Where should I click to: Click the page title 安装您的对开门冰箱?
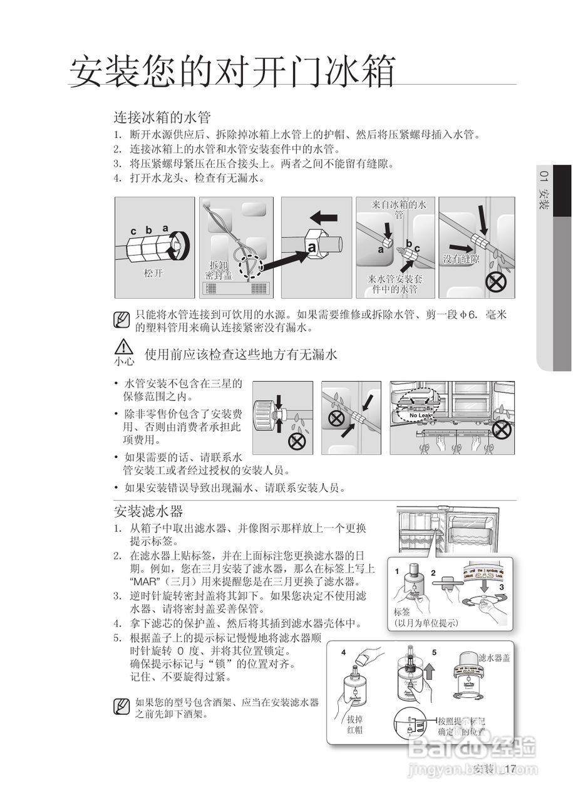tap(232, 71)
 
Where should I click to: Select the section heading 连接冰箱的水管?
tap(162, 117)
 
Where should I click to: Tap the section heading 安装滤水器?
tap(148, 511)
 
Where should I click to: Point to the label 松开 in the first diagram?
tap(153, 273)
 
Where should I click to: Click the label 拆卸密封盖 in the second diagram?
tap(219, 270)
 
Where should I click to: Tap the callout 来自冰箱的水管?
tap(399, 209)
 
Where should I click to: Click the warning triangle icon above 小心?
tap(124, 347)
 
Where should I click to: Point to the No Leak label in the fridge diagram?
tap(421, 415)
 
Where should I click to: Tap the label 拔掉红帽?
tap(354, 724)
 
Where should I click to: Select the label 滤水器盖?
tap(494, 657)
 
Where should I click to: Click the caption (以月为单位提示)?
tap(426, 623)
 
